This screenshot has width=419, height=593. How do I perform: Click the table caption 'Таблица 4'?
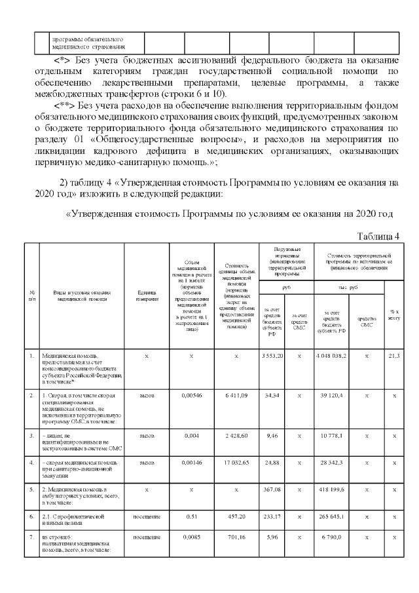[377, 236]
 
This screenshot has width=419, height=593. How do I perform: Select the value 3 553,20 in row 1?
[271, 355]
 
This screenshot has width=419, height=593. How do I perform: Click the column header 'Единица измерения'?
[146, 296]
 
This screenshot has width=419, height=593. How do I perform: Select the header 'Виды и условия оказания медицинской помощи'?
[81, 295]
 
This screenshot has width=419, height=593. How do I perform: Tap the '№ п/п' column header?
[32, 295]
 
